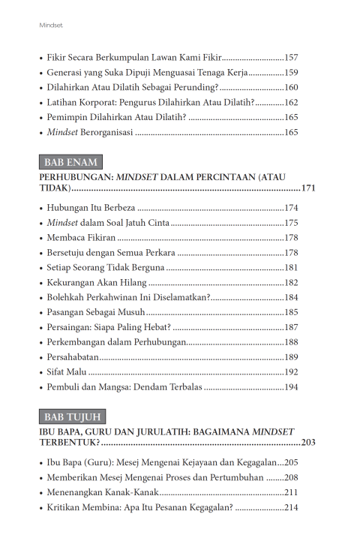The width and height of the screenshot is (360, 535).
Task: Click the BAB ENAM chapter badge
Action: (70, 162)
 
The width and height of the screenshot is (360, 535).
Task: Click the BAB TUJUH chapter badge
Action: (72, 416)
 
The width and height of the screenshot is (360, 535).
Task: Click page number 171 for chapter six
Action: (306, 187)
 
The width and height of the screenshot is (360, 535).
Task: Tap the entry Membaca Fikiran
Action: (82, 237)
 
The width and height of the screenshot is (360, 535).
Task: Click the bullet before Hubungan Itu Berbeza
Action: (40, 207)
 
